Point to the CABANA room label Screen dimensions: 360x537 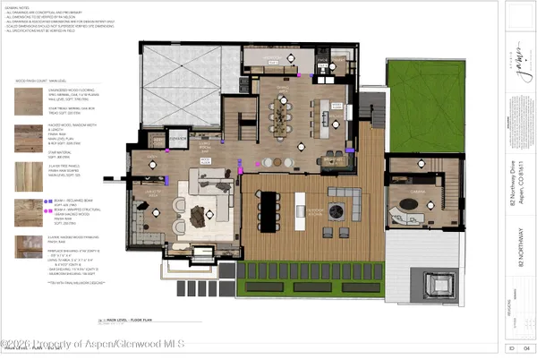click(414, 189)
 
